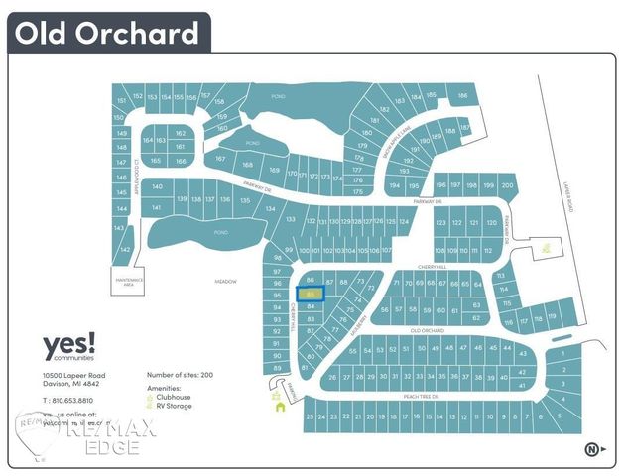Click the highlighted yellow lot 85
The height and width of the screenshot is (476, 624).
pyautogui.click(x=311, y=295)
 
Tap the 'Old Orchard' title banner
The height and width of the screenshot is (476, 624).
pyautogui.click(x=107, y=33)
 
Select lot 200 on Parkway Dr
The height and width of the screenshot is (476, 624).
pyautogui.click(x=507, y=186)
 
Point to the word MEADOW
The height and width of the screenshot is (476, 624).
pyautogui.click(x=225, y=282)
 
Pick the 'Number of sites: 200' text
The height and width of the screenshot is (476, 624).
pyautogui.click(x=180, y=376)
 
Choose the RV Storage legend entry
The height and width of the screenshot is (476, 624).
pyautogui.click(x=176, y=407)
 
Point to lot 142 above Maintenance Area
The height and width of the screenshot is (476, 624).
pyautogui.click(x=125, y=250)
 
